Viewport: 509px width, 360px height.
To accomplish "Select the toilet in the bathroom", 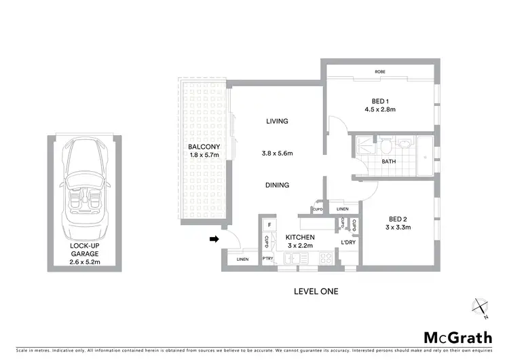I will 385,146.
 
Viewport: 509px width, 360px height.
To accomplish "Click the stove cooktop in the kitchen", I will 325,258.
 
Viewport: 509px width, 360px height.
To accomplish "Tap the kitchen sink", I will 293,258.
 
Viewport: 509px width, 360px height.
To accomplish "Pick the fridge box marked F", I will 269,224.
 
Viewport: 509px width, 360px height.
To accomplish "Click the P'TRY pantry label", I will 268,259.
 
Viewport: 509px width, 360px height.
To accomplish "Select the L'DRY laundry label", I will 349,243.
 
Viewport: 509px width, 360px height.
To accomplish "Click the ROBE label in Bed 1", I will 380,71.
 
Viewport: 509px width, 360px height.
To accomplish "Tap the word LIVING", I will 277,122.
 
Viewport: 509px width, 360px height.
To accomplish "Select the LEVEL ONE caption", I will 316,291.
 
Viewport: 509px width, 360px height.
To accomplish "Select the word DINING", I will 277,185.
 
